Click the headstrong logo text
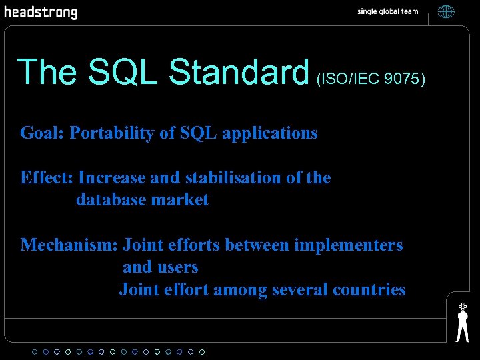pyautogui.click(x=41, y=13)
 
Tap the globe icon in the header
pyautogui.click(x=446, y=12)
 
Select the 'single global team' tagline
pyautogui.click(x=387, y=12)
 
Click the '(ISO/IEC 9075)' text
pyautogui.click(x=371, y=79)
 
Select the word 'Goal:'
pyautogui.click(x=42, y=133)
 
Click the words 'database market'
pyautogui.click(x=142, y=200)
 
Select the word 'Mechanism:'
pyautogui.click(x=69, y=245)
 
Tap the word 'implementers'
pyautogui.click(x=349, y=245)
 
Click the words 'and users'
pyautogui.click(x=160, y=267)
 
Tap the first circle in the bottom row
pyautogui.click(x=35, y=351)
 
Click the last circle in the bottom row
pyautogui.click(x=202, y=351)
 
